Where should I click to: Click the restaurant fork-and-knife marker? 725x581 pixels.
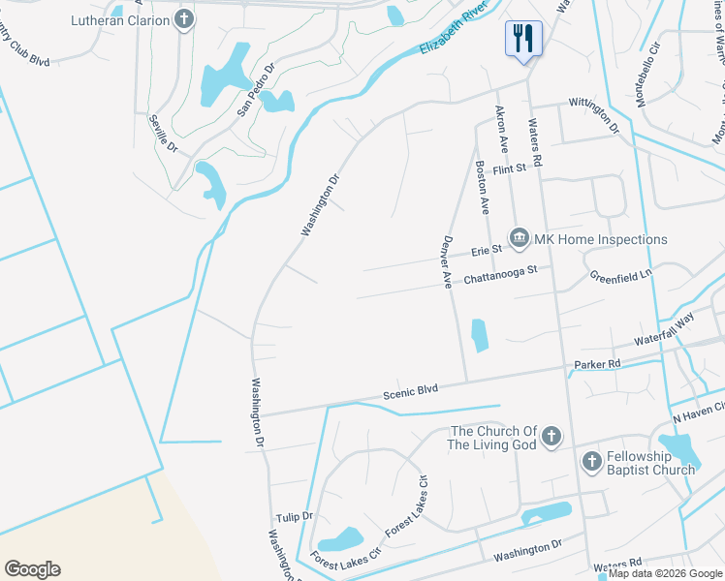522,40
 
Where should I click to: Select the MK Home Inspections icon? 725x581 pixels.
519,238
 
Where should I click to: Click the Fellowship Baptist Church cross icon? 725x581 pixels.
591,462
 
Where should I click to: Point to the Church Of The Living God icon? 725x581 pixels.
552,437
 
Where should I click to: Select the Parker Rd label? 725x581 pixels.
597,364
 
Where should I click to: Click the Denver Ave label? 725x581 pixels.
448,262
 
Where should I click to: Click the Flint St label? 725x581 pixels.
508,168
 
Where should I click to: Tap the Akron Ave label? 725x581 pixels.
501,129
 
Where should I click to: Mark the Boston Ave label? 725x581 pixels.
481,186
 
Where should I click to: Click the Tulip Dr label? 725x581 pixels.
294,517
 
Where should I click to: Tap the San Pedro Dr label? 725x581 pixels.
257,90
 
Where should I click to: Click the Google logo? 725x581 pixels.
32,569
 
